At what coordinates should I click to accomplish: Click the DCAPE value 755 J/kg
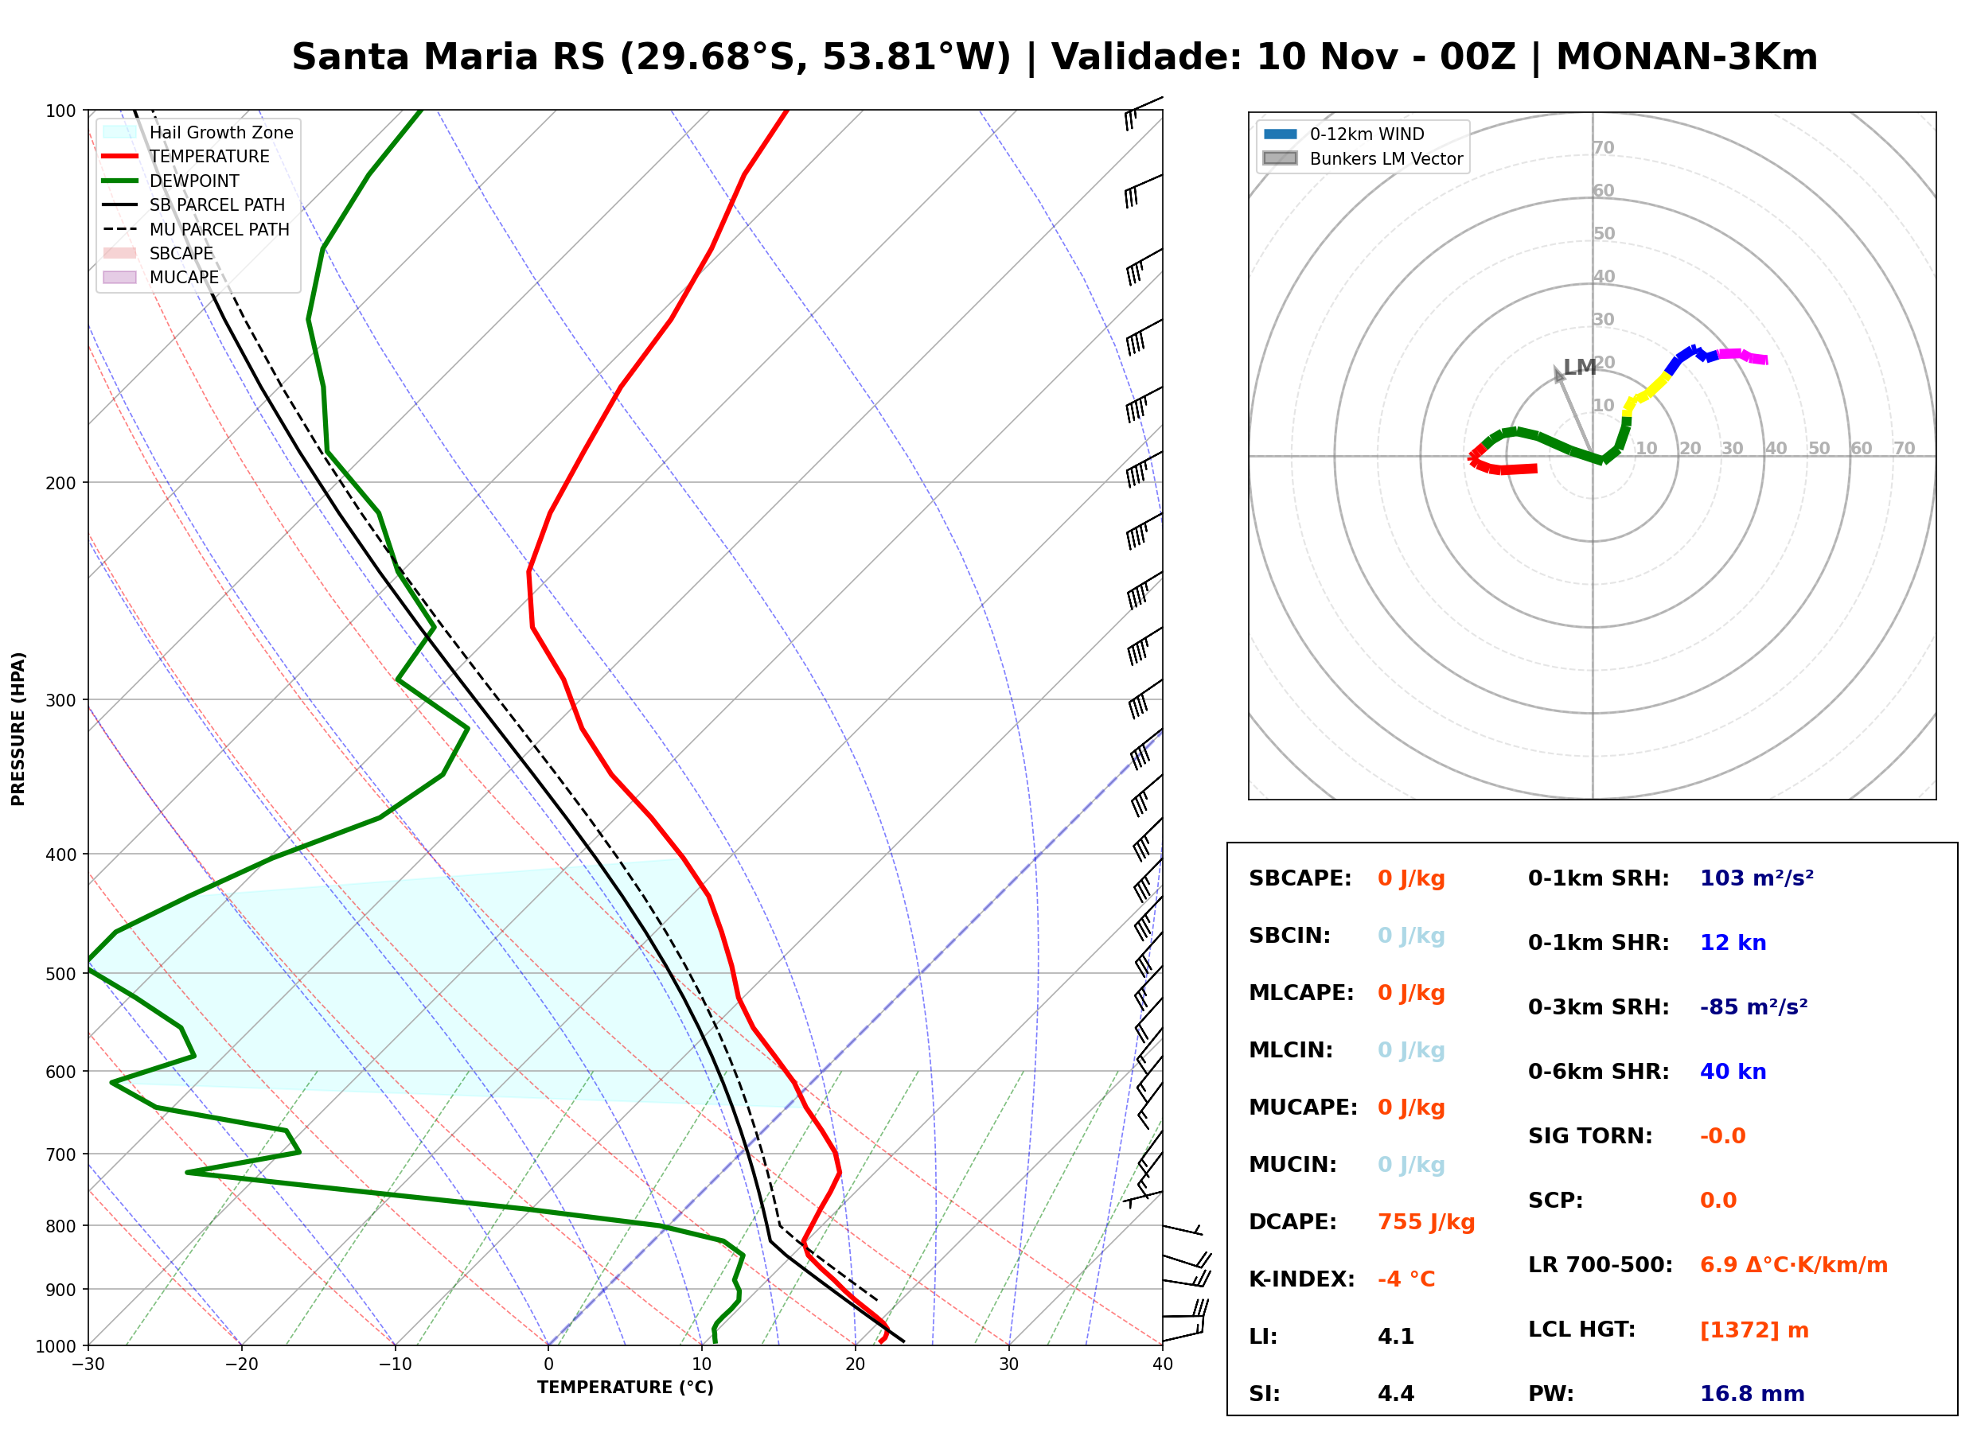[1426, 1222]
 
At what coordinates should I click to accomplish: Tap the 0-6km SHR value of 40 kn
[1733, 1072]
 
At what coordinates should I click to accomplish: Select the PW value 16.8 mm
[1753, 1394]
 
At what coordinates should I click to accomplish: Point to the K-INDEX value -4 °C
[1406, 1279]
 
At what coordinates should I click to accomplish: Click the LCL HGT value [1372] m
[1755, 1331]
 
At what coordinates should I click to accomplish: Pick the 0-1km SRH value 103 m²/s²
[1757, 878]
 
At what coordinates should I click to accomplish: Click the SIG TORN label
[1590, 1137]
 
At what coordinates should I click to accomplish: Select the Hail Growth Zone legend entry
[198, 132]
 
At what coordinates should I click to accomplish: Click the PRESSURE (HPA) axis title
[18, 729]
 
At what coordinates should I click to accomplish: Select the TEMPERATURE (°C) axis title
[626, 1388]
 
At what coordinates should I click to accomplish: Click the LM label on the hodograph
[1580, 367]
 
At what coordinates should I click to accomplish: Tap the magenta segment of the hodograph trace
[1742, 356]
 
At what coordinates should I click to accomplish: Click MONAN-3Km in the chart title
[1687, 57]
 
